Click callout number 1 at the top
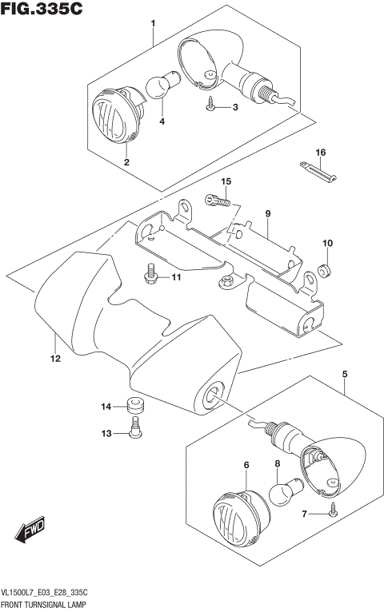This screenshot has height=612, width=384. tap(152, 25)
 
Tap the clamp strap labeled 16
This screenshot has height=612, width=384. tap(319, 169)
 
